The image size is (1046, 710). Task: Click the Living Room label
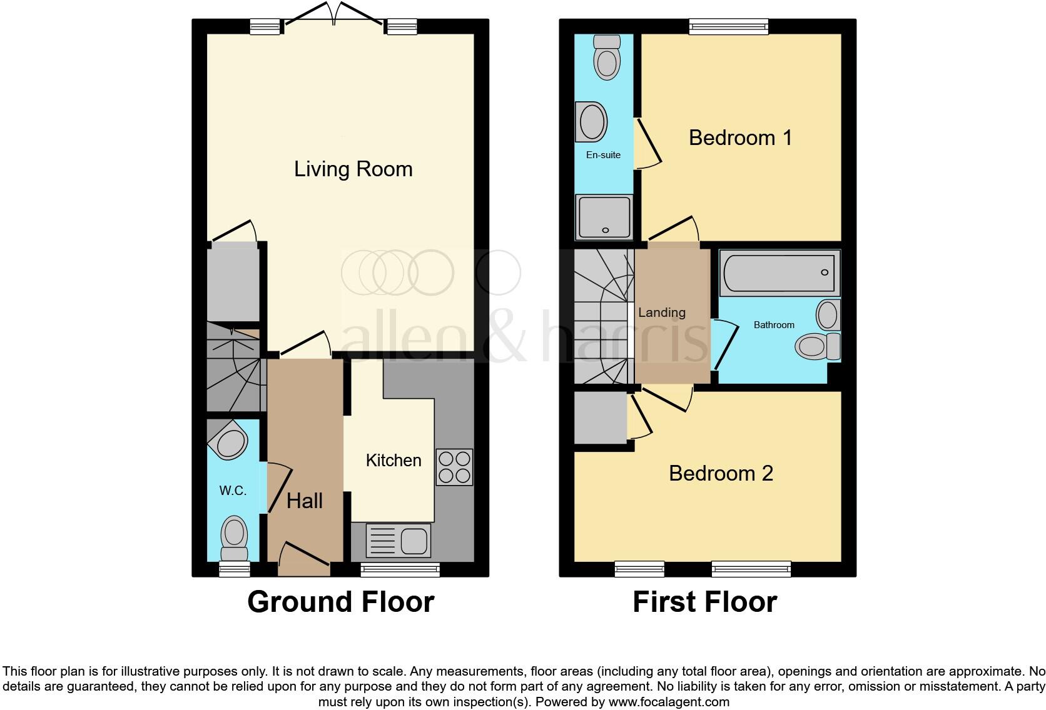click(x=353, y=169)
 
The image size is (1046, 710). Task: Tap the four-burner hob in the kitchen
click(x=454, y=467)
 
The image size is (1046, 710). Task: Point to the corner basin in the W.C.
click(x=230, y=440)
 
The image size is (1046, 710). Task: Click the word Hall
click(x=304, y=501)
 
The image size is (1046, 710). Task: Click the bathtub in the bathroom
click(x=779, y=273)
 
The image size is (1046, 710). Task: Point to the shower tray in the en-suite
click(x=604, y=217)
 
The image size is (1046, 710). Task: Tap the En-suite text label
click(x=603, y=155)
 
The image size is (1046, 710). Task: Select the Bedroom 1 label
click(x=740, y=137)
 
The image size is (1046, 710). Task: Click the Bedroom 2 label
click(x=721, y=473)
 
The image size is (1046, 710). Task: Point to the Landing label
click(x=661, y=312)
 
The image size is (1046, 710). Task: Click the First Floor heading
click(x=704, y=602)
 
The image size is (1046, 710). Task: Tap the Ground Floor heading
click(x=340, y=602)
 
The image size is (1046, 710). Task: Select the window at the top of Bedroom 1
click(x=728, y=26)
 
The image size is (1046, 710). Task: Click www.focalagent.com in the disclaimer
click(x=668, y=702)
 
